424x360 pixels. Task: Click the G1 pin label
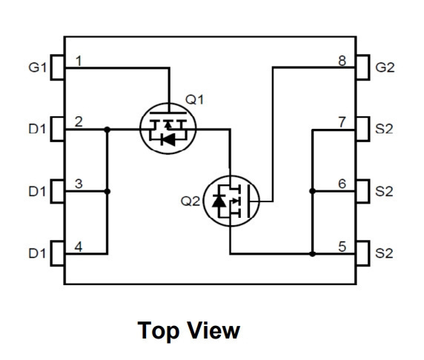coord(37,67)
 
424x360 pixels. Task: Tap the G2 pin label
coord(385,67)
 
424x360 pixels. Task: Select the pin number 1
coord(79,61)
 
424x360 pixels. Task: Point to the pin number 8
coord(342,61)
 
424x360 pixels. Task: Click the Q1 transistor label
coord(194,100)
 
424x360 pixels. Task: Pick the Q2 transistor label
coord(190,201)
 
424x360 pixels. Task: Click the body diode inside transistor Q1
coord(168,140)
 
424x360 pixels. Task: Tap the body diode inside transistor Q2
coord(219,201)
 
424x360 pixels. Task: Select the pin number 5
coord(342,247)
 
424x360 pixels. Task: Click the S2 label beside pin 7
coord(384,129)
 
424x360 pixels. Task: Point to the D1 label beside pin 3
coord(37,192)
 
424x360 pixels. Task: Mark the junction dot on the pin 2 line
coord(107,130)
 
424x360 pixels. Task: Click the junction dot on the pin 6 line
coord(312,191)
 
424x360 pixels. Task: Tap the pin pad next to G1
coord(58,67)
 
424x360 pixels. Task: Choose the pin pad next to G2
coord(362,67)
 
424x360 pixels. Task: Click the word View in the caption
coord(213,330)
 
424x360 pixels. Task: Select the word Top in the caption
coord(159,331)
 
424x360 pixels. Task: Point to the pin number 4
coord(79,247)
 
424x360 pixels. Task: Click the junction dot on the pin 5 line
coord(312,254)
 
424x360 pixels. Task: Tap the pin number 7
coord(342,122)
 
